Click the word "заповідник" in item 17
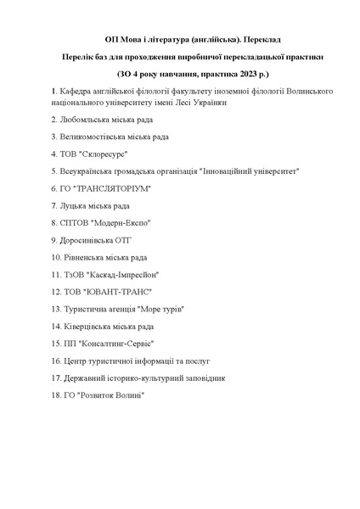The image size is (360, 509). point(202,377)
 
